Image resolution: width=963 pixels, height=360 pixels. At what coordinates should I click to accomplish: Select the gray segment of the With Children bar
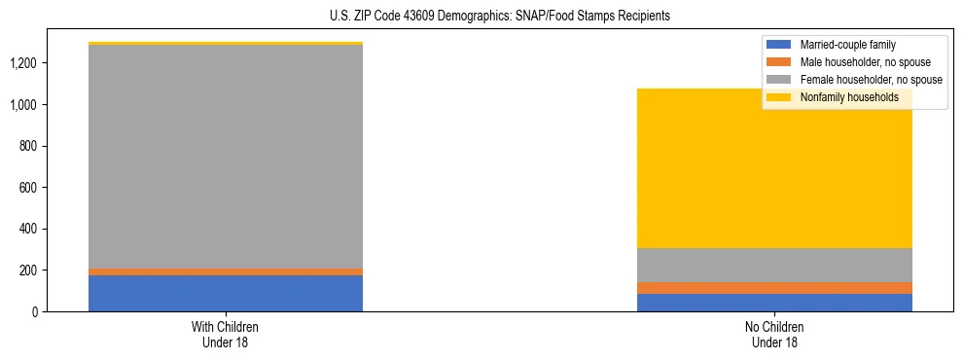pyautogui.click(x=226, y=156)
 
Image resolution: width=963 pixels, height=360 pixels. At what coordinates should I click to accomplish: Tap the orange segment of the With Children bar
pyautogui.click(x=226, y=271)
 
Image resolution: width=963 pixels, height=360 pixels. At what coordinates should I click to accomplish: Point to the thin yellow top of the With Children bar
pyautogui.click(x=226, y=44)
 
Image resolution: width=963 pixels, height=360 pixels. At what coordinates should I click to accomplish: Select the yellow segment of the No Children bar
pyautogui.click(x=774, y=175)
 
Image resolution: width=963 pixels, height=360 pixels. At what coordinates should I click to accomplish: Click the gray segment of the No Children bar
pyautogui.click(x=774, y=265)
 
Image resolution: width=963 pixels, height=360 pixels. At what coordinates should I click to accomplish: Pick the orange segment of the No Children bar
pyautogui.click(x=774, y=288)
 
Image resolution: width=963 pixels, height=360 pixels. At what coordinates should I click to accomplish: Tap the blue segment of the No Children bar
pyautogui.click(x=774, y=303)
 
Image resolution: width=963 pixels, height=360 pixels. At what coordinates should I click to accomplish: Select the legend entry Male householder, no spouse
pyautogui.click(x=865, y=62)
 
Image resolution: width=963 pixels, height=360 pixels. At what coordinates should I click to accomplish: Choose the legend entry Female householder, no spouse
pyautogui.click(x=870, y=80)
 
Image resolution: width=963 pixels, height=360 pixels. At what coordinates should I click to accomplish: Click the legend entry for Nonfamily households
pyautogui.click(x=848, y=97)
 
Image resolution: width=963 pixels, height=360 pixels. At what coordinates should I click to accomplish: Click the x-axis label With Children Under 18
pyautogui.click(x=226, y=335)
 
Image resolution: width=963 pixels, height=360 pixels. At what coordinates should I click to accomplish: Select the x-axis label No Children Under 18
pyautogui.click(x=774, y=335)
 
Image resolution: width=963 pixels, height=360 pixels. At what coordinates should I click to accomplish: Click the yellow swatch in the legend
pyautogui.click(x=779, y=97)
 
